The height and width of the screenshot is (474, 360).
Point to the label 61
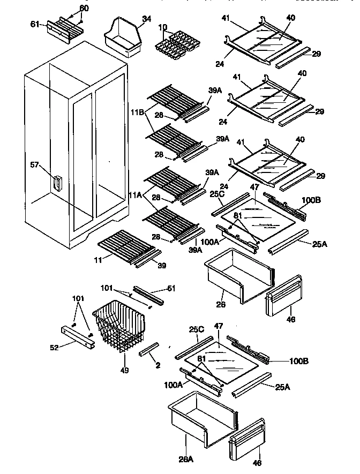pos(35,24)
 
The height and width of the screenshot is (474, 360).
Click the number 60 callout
pos(85,8)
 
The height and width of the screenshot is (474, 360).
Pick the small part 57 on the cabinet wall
pos(56,183)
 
